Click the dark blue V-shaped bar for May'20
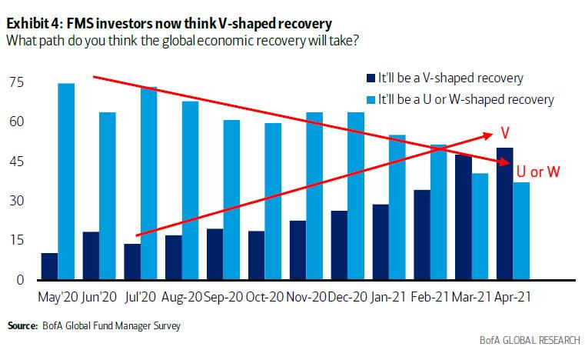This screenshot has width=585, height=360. click(x=49, y=266)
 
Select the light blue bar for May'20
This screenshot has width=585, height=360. click(x=66, y=182)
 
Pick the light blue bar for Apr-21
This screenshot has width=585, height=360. click(x=522, y=231)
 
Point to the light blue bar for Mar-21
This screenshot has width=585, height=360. click(x=480, y=226)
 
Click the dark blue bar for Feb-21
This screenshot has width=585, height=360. click(x=422, y=235)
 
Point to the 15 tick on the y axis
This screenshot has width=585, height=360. click(x=15, y=240)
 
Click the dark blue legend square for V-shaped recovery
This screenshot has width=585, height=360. click(x=371, y=78)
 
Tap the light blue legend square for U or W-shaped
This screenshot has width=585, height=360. click(x=371, y=98)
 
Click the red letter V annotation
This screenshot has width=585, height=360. click(x=506, y=132)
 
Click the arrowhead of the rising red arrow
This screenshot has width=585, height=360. click(x=489, y=135)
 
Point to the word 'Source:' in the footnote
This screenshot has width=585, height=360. click(x=21, y=327)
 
